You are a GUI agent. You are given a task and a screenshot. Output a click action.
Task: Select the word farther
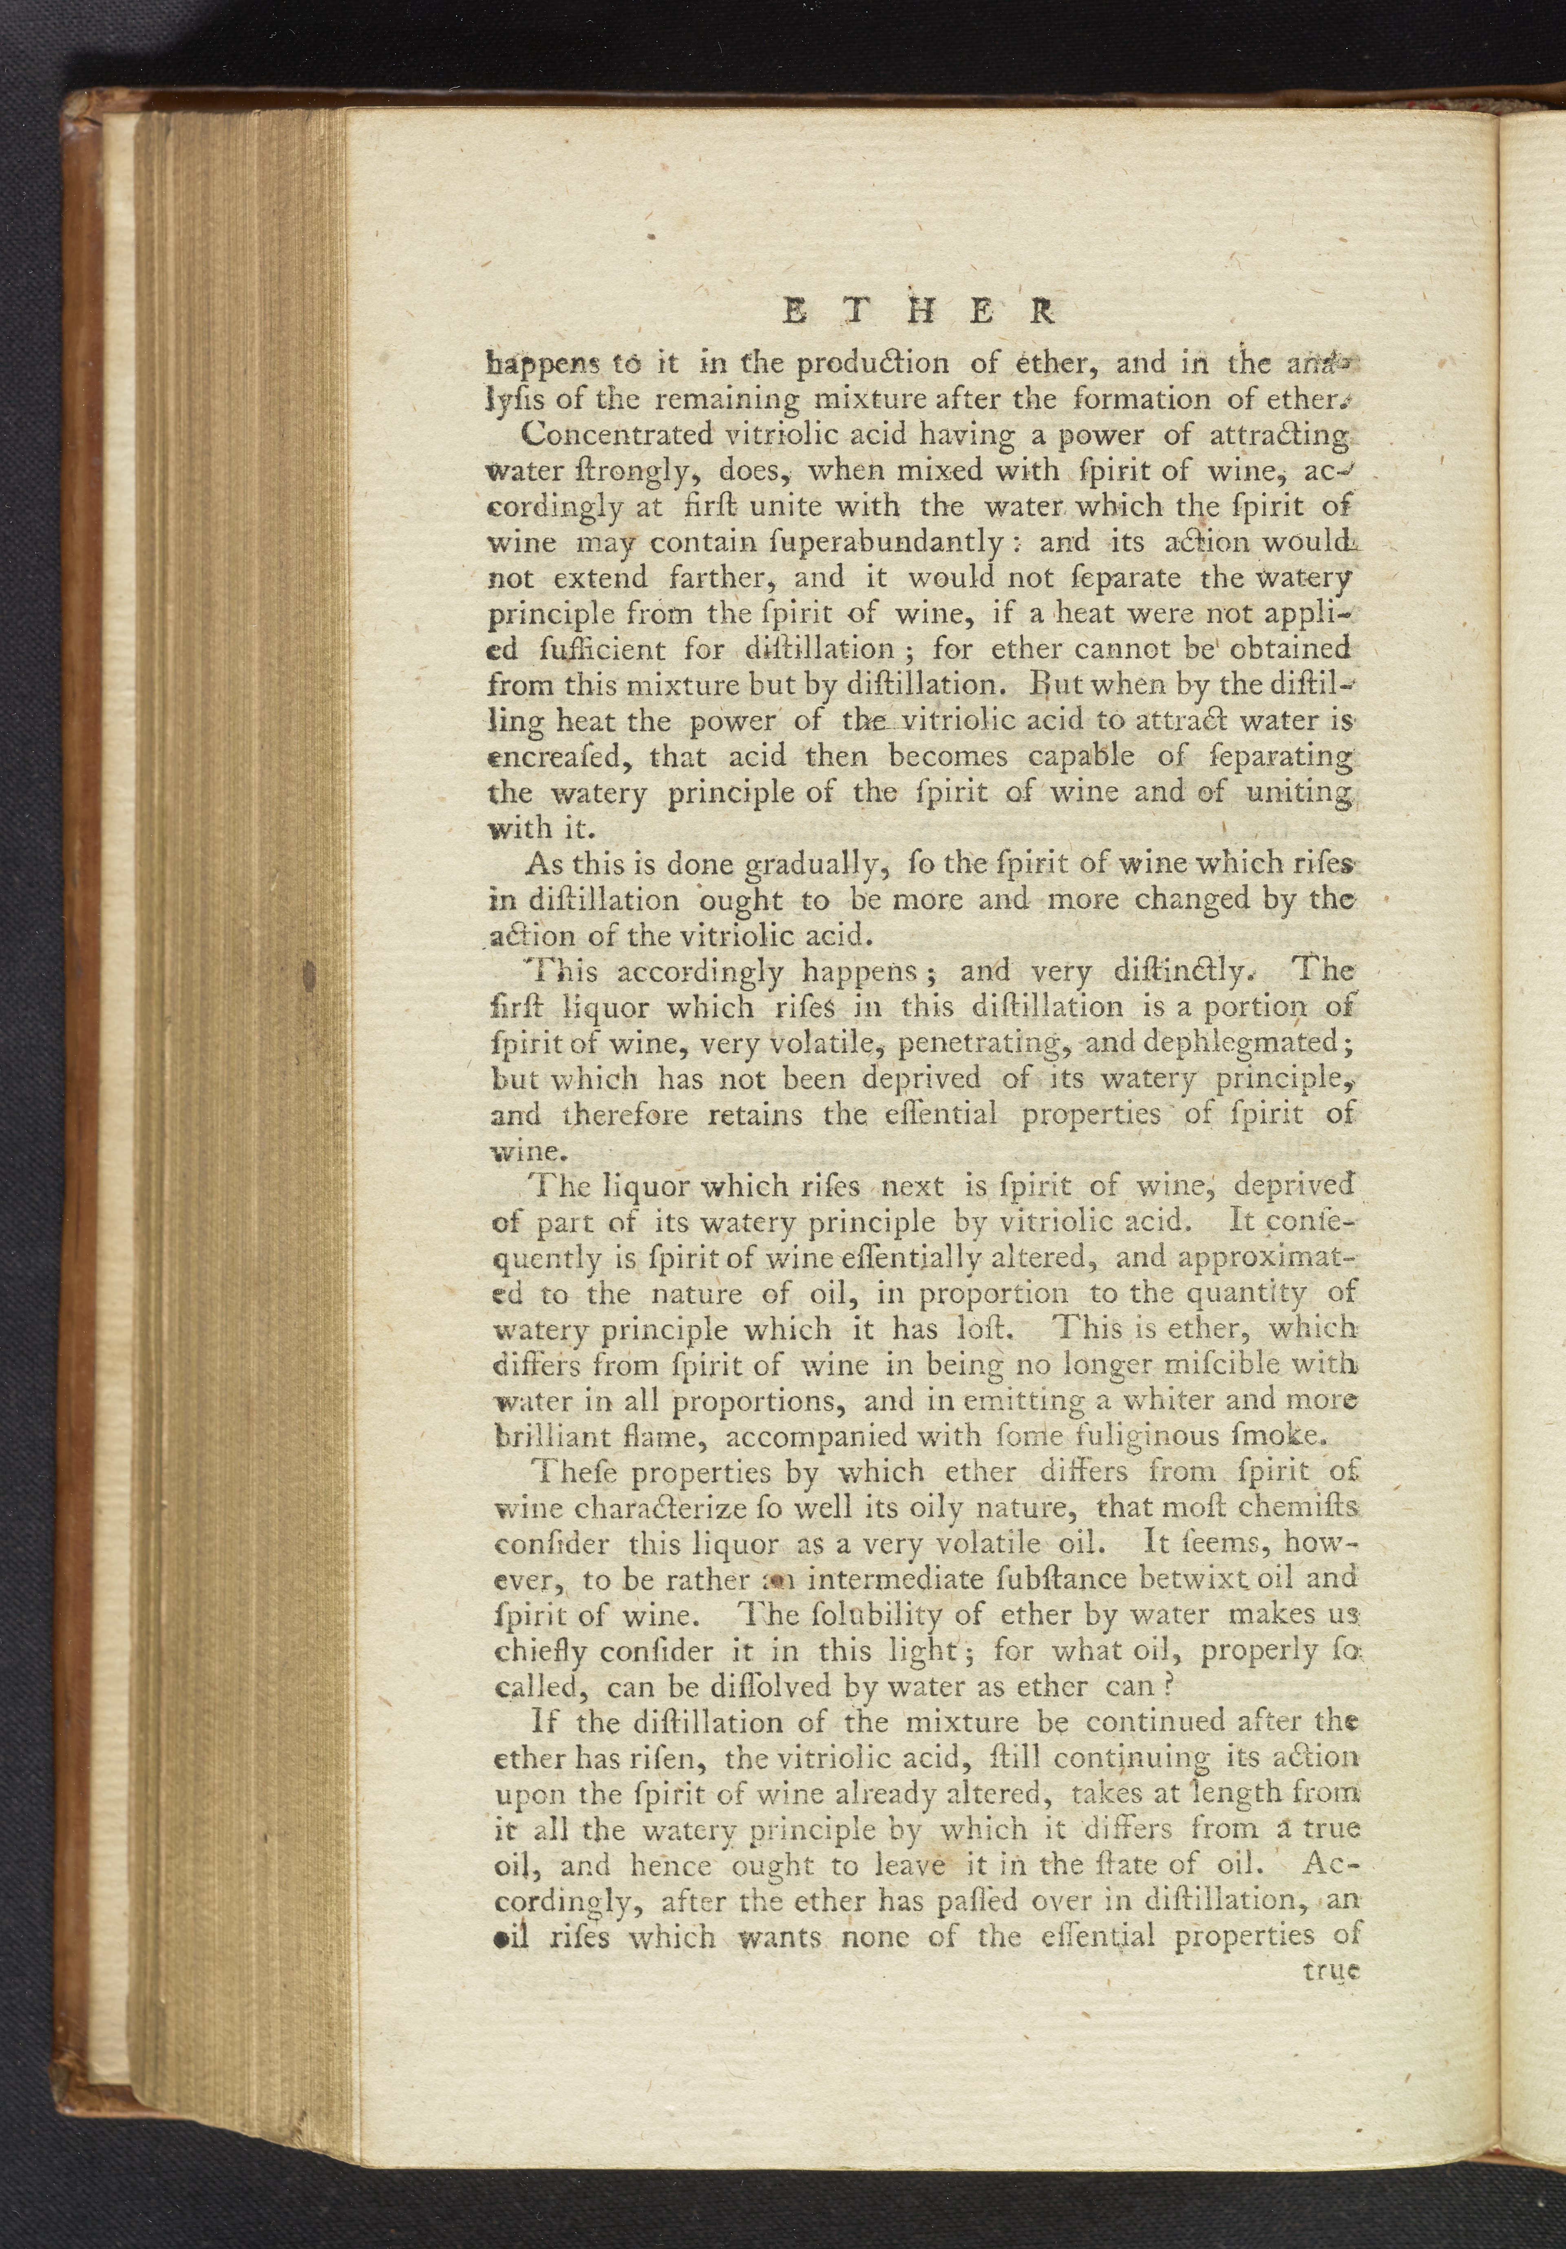[x=731, y=578]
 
